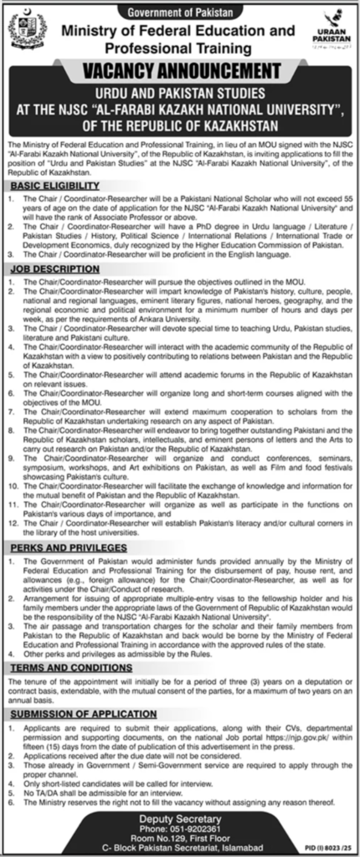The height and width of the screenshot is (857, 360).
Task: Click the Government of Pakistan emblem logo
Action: click(x=26, y=32)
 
